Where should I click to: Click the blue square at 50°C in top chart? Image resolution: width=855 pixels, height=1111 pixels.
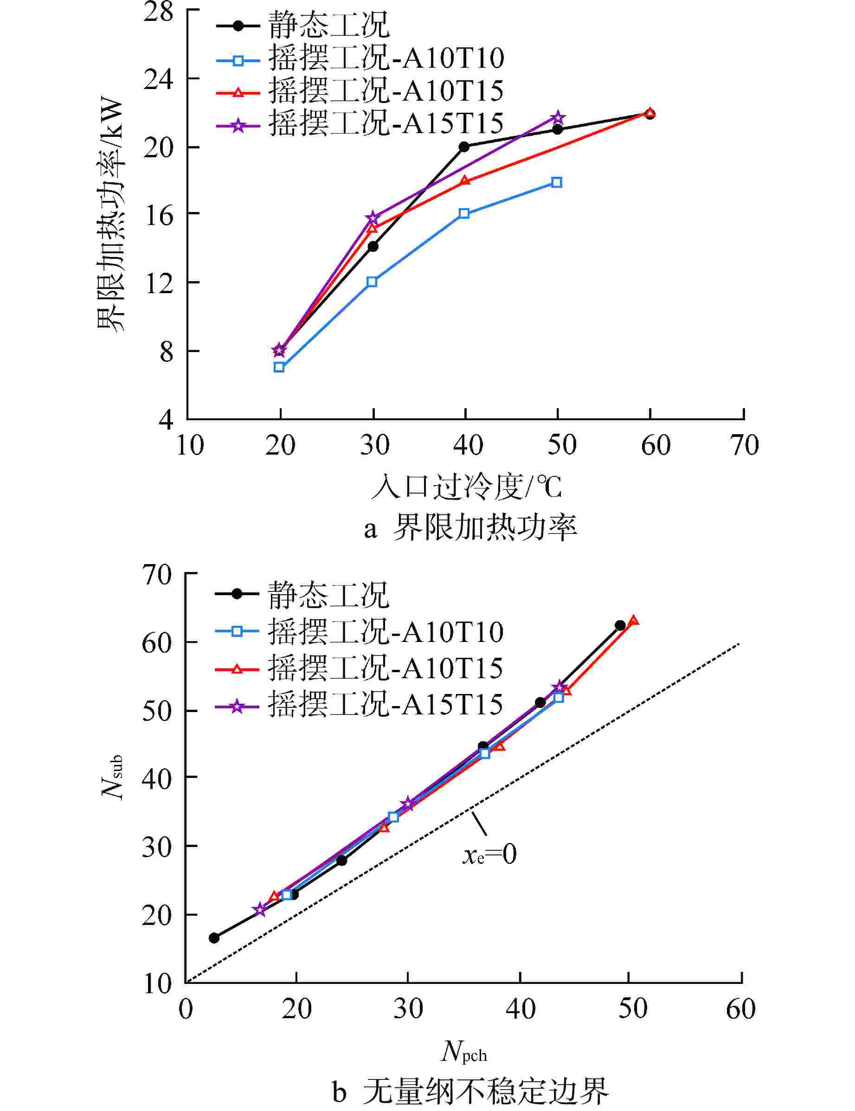pyautogui.click(x=557, y=182)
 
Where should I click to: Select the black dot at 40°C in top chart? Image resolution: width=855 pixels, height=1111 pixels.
pyautogui.click(x=464, y=147)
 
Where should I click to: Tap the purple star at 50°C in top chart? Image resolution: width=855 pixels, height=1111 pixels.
pyautogui.click(x=558, y=117)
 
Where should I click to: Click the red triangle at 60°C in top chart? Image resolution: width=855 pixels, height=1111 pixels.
pyautogui.click(x=649, y=112)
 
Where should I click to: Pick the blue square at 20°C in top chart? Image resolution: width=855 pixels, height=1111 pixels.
pyautogui.click(x=279, y=367)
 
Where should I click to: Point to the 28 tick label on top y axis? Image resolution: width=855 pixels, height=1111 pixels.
pyautogui.click(x=158, y=11)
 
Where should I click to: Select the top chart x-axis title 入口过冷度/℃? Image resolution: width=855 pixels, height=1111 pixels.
pyautogui.click(x=466, y=487)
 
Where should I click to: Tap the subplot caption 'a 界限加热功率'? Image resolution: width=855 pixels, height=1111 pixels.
pyautogui.click(x=470, y=528)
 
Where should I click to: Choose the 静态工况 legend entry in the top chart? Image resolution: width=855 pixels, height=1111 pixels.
pyautogui.click(x=303, y=25)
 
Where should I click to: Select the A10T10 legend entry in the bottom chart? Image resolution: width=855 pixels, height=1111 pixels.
pyautogui.click(x=359, y=631)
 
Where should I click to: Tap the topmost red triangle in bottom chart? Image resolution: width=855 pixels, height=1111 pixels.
pyautogui.click(x=633, y=621)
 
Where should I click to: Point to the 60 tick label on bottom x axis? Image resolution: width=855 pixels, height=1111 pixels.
pyautogui.click(x=740, y=1009)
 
